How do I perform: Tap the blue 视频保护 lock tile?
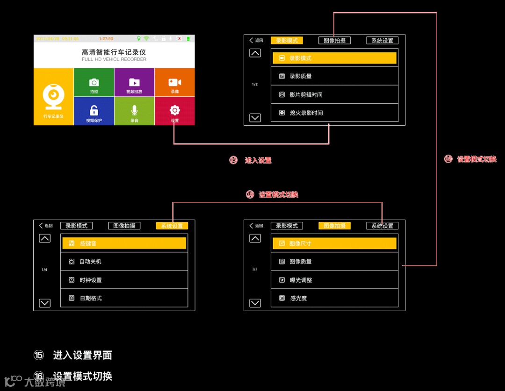[94, 111]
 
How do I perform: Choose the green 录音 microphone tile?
[134, 111]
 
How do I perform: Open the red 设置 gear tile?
[174, 111]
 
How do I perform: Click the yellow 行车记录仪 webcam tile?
[54, 97]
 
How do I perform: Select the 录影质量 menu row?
[334, 76]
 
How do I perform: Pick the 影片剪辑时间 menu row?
[334, 94]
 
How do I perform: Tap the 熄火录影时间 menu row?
[334, 113]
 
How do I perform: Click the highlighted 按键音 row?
[124, 243]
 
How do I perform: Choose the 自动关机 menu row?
[124, 262]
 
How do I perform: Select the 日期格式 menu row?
[124, 298]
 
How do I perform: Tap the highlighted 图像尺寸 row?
[334, 243]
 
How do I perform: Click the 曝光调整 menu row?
[334, 280]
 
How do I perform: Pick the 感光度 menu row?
[334, 298]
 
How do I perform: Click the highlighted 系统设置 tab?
[172, 226]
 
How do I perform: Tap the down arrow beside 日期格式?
[44, 303]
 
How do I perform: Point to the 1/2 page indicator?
[255, 85]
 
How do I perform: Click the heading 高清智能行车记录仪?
[114, 53]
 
